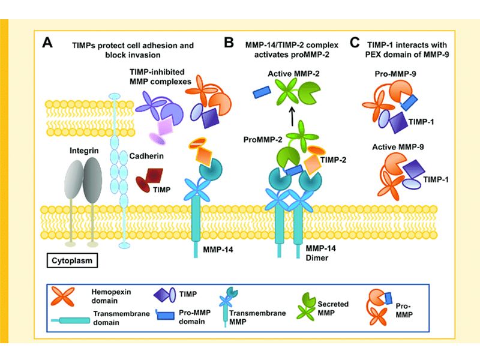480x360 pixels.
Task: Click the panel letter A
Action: coord(50,44)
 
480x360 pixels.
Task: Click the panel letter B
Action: coord(229,43)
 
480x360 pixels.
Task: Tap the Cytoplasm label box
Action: coord(74,261)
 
